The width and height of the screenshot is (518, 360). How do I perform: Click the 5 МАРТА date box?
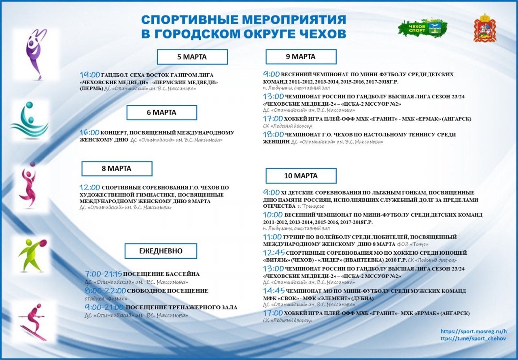pyautogui.click(x=192, y=57)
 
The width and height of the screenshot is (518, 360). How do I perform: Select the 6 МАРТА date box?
pyautogui.click(x=161, y=113)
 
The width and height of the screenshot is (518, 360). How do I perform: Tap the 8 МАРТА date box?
pyautogui.click(x=117, y=168)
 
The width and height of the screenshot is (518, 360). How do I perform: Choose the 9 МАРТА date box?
pyautogui.click(x=301, y=57)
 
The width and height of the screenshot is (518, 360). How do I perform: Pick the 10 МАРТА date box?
pyautogui.click(x=301, y=176)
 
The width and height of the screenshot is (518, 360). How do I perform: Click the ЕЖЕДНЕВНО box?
pyautogui.click(x=161, y=251)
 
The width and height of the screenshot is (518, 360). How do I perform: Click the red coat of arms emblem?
pyautogui.click(x=485, y=28)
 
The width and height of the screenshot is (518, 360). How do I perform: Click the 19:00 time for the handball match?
pyautogui.click(x=90, y=75)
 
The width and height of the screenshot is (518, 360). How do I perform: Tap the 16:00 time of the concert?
pyautogui.click(x=89, y=132)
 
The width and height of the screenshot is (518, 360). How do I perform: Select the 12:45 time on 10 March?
pyautogui.click(x=274, y=253)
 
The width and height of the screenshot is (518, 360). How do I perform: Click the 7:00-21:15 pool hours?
pyautogui.click(x=104, y=274)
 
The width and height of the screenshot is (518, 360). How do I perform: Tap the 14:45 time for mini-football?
pyautogui.click(x=274, y=291)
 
